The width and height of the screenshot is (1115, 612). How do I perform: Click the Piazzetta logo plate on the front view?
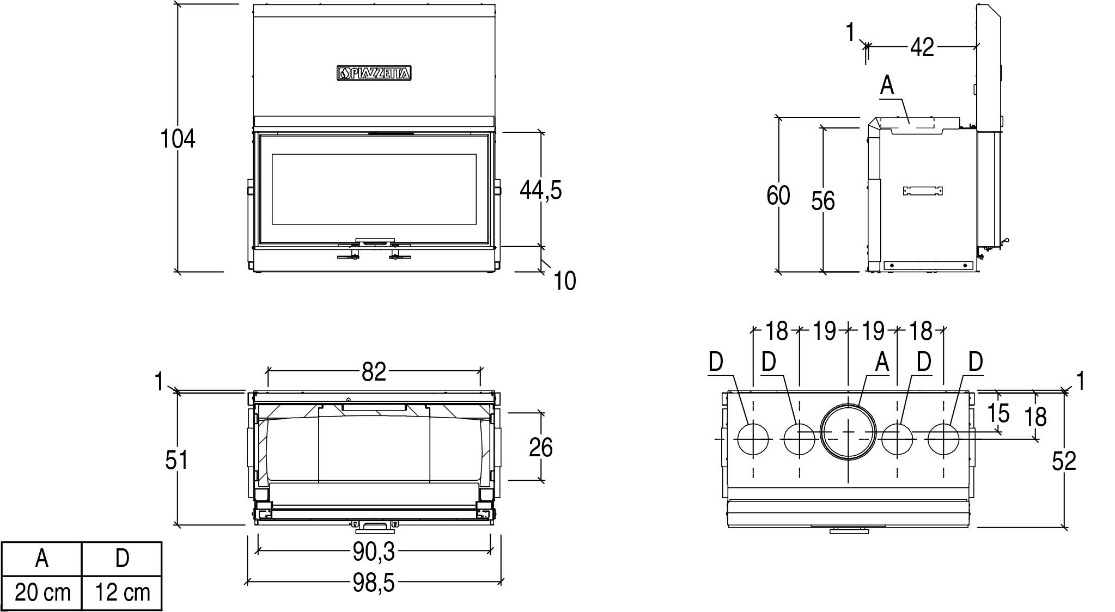click(x=373, y=73)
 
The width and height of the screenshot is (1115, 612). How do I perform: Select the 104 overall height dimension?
click(x=178, y=139)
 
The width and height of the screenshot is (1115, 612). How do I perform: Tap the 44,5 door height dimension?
click(x=540, y=190)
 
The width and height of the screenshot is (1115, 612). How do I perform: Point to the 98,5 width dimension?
click(x=373, y=583)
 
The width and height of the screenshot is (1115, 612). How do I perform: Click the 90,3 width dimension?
click(x=373, y=552)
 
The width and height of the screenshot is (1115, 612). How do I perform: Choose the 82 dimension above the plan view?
click(x=374, y=372)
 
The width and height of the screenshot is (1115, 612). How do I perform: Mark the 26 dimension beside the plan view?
click(x=540, y=447)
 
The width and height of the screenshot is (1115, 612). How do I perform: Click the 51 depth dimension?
click(x=176, y=460)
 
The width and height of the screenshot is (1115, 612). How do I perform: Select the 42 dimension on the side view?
click(x=922, y=48)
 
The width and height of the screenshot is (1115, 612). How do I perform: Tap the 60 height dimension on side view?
click(x=778, y=195)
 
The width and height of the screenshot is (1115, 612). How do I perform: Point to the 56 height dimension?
click(x=822, y=201)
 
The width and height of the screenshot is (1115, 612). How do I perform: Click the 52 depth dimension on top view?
click(x=1064, y=462)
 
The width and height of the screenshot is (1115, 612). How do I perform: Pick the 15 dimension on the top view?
click(x=998, y=413)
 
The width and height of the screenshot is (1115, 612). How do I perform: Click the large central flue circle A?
click(x=849, y=432)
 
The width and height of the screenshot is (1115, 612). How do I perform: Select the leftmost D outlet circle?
click(x=753, y=439)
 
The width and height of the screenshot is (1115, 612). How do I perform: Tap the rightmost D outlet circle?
click(x=944, y=439)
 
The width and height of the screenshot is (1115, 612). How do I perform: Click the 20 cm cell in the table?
click(x=42, y=592)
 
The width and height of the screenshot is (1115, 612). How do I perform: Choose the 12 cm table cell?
click(x=123, y=592)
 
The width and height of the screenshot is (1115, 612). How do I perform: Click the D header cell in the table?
click(x=123, y=559)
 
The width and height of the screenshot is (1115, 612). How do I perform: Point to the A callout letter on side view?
click(x=887, y=86)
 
